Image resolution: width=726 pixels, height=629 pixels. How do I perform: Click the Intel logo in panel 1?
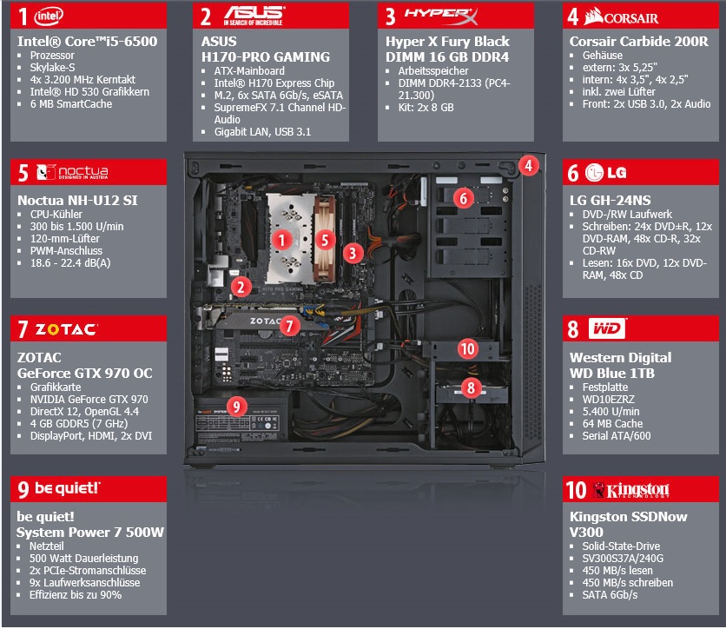click(x=49, y=17)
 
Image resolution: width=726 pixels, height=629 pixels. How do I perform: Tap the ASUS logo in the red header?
click(x=254, y=16)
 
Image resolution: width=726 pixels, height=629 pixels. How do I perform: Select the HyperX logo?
click(x=441, y=16)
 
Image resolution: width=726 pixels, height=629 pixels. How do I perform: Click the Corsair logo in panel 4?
click(x=621, y=17)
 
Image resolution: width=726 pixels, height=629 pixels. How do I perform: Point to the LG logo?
click(x=605, y=173)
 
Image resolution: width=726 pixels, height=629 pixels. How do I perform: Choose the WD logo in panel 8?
click(x=606, y=328)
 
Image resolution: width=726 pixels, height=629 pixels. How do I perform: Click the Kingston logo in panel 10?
click(x=631, y=490)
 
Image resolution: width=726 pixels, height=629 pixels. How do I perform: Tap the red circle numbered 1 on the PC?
click(x=281, y=240)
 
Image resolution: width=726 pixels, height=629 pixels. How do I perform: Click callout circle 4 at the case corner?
click(x=528, y=165)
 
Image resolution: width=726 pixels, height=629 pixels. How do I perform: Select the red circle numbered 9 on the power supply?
click(x=236, y=407)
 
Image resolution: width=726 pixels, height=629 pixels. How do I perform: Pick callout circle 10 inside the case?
click(x=467, y=348)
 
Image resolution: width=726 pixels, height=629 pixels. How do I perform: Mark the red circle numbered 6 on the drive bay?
click(x=464, y=198)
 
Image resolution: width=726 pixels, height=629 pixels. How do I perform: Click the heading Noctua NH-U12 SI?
click(x=77, y=200)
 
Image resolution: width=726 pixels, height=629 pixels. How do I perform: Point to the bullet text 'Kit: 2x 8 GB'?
click(x=426, y=108)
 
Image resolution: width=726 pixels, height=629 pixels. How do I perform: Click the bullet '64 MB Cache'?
click(x=612, y=424)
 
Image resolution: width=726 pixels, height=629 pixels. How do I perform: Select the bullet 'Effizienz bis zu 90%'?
click(x=76, y=595)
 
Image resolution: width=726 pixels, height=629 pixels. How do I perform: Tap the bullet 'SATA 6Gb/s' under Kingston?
click(x=610, y=595)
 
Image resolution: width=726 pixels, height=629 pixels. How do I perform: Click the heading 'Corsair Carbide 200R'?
click(x=639, y=41)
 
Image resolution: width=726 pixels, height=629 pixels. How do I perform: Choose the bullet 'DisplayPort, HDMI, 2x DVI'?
click(x=91, y=436)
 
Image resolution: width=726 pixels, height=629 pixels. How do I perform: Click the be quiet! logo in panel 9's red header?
click(x=67, y=488)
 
